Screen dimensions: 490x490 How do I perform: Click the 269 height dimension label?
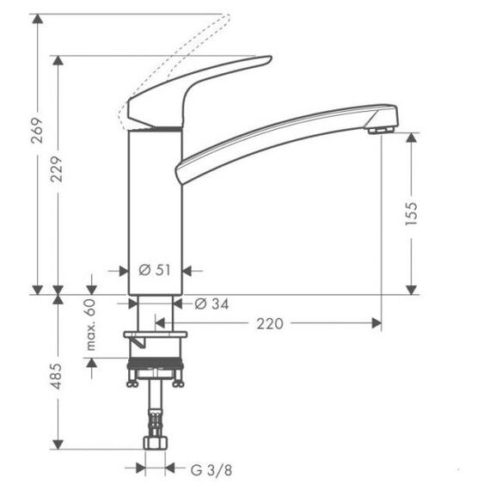tap(37, 131)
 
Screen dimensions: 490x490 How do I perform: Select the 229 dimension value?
tap(57, 169)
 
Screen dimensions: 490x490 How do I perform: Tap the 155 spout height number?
tap(411, 214)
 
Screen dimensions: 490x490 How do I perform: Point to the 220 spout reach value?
tap(270, 324)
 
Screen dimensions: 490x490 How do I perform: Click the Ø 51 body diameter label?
tap(155, 270)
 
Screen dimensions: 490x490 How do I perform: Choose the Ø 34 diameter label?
tap(211, 303)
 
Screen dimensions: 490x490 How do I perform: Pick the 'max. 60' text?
tap(90, 325)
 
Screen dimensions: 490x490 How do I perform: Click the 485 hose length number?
tap(57, 377)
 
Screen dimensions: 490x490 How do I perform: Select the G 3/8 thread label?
tap(211, 470)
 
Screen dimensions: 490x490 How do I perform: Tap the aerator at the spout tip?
tap(380, 130)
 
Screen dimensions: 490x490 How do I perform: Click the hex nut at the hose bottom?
tap(156, 443)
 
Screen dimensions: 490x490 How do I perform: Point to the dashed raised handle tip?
tap(228, 17)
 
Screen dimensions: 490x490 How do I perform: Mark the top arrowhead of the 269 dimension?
tap(38, 19)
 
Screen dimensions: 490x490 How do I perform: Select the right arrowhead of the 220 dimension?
tap(377, 323)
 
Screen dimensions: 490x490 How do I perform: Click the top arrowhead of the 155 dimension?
tap(411, 138)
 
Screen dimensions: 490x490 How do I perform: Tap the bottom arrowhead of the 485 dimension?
tap(58, 444)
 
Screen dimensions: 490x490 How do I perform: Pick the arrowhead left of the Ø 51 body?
tap(124, 271)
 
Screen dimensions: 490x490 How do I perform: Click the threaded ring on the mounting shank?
tap(155, 362)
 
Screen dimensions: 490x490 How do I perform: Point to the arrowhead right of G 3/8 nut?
tap(169, 469)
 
